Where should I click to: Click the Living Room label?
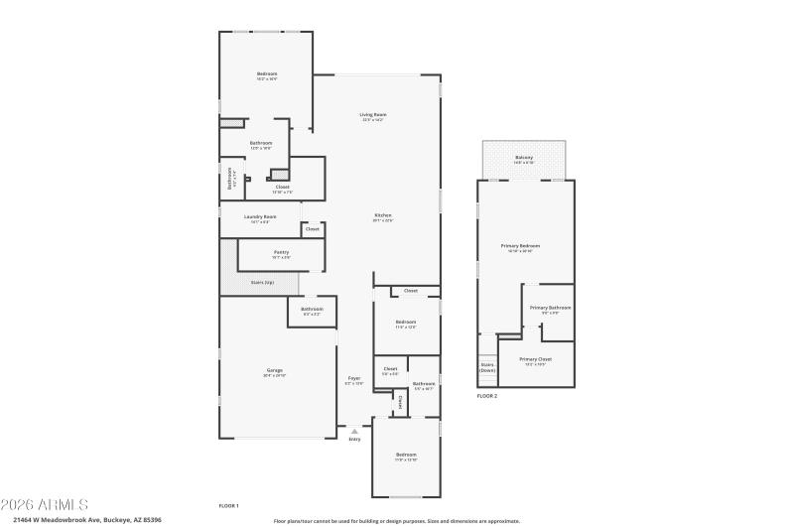pyautogui.click(x=373, y=115)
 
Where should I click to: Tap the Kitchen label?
pyautogui.click(x=383, y=215)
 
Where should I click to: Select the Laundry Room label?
pyautogui.click(x=260, y=216)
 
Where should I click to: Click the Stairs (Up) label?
pyautogui.click(x=262, y=283)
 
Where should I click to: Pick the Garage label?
pyautogui.click(x=274, y=370)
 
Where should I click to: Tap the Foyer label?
pyautogui.click(x=354, y=378)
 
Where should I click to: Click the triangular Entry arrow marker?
pyautogui.click(x=354, y=431)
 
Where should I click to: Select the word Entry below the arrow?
pyautogui.click(x=354, y=440)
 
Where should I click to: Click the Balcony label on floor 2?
pyautogui.click(x=524, y=158)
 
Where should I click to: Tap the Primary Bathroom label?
pyautogui.click(x=550, y=308)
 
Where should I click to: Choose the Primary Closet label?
pyautogui.click(x=535, y=359)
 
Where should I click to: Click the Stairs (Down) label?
pyautogui.click(x=487, y=367)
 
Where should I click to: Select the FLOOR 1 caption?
pyautogui.click(x=229, y=506)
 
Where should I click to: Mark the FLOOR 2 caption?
pyautogui.click(x=487, y=396)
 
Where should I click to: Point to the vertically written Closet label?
pyautogui.click(x=400, y=402)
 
